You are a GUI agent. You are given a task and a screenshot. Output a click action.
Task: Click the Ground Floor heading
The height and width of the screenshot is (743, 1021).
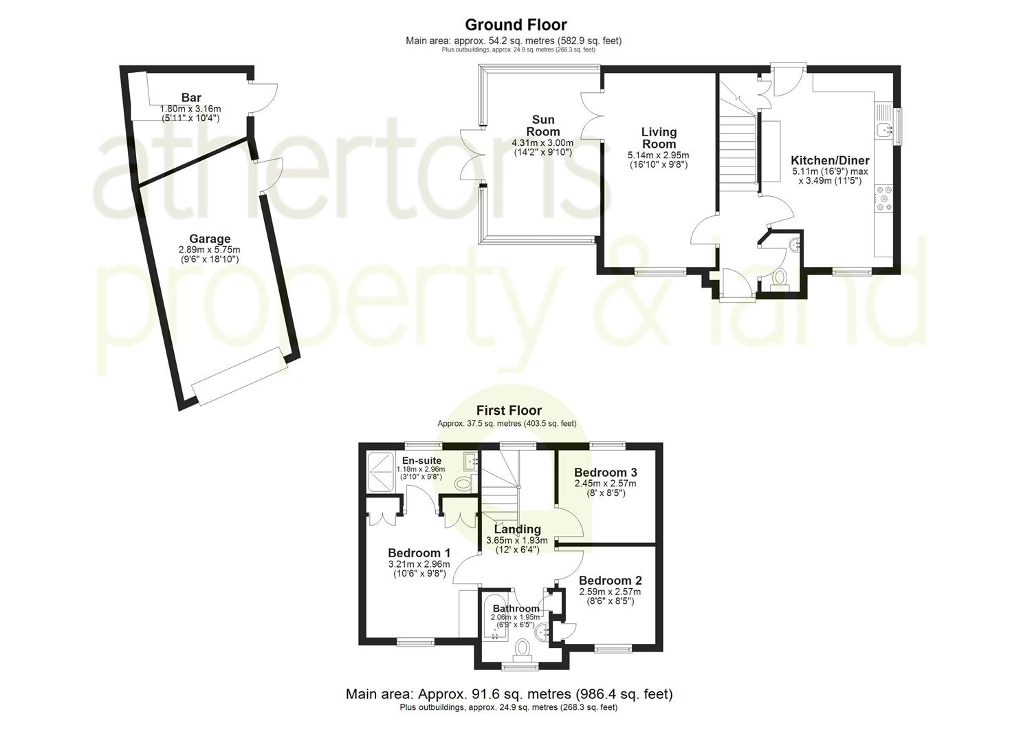point(516,25)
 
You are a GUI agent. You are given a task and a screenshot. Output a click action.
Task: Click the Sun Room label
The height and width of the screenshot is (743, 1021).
point(542,125)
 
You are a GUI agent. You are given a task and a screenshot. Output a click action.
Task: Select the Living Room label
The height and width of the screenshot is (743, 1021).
point(659,138)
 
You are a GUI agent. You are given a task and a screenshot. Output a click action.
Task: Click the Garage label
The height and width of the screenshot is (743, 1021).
point(210,239)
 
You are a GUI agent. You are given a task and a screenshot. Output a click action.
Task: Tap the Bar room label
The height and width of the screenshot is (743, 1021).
point(190,98)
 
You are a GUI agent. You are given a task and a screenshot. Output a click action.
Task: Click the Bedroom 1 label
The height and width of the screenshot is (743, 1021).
point(419,553)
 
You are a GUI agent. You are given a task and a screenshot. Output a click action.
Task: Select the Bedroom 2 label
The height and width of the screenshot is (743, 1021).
point(610,581)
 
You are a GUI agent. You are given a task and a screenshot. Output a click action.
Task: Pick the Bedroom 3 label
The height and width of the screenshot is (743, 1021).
point(605,473)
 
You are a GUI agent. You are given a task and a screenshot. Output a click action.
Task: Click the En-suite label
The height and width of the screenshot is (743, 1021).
point(421,461)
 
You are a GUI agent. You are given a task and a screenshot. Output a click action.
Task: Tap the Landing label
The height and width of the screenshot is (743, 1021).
point(517,529)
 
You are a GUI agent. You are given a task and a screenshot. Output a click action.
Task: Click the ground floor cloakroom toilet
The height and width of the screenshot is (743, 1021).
point(780,277)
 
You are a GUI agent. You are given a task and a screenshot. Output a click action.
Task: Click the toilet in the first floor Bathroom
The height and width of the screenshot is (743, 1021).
point(523,649)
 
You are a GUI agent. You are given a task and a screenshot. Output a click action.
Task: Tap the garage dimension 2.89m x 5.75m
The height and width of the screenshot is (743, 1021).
point(210,250)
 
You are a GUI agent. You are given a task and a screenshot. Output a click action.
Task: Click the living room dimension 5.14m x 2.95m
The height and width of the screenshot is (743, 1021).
point(658,155)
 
